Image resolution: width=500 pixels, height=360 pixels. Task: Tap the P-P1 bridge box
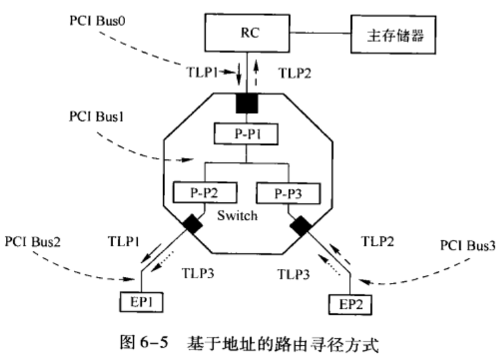(x=247, y=133)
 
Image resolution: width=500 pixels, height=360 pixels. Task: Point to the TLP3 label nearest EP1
(x=198, y=271)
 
